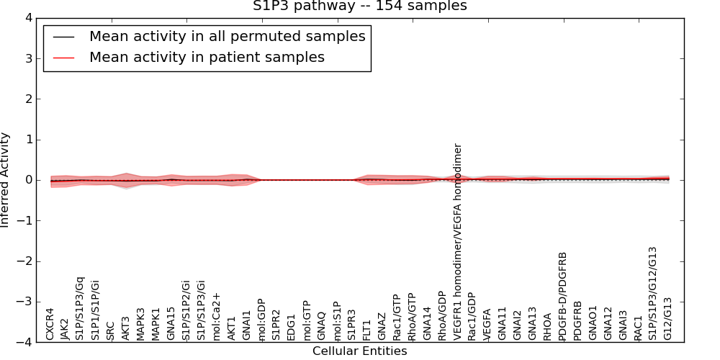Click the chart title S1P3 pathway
pos(359,6)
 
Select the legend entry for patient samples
pos(207,57)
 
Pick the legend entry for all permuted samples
pos(227,36)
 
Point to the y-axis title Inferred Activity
pos(6,179)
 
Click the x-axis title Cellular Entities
pos(359,351)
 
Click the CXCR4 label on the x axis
pos(50,324)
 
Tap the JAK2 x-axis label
pos(65,328)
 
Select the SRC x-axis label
pos(110,330)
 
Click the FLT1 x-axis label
pos(366,328)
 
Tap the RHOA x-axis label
pos(547,326)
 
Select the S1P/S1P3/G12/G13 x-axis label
pos(653,293)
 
